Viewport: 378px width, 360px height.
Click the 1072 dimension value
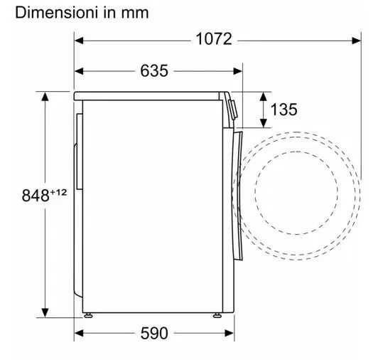click(214, 39)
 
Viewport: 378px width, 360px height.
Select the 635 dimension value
click(154, 70)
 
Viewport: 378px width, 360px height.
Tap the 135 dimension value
click(283, 110)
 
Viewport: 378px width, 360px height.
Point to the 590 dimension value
click(154, 333)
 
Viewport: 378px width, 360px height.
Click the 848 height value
click(36, 196)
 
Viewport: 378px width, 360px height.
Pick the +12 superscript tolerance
click(58, 192)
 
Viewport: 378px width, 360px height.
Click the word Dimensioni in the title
click(57, 13)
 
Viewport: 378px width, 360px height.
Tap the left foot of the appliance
click(88, 315)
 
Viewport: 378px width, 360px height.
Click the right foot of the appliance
click(217, 315)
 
